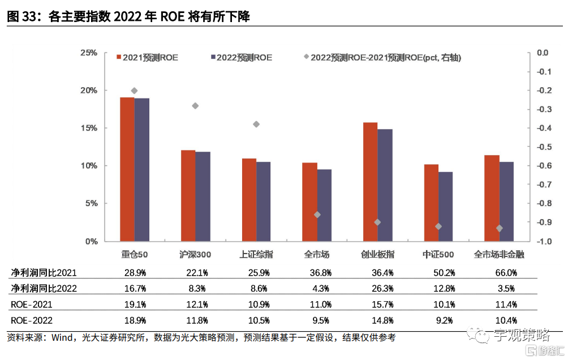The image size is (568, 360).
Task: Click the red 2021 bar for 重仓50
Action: (x=127, y=170)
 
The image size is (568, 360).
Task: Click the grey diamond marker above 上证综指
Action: (x=256, y=124)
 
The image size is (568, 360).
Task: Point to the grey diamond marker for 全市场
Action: (x=317, y=215)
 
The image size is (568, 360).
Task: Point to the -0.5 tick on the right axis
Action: (x=544, y=147)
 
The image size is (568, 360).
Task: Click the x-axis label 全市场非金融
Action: (x=499, y=255)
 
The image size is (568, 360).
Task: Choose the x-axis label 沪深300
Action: (x=195, y=255)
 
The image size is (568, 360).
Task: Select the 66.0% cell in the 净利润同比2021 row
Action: (x=505, y=272)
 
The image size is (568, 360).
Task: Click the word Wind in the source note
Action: (x=62, y=338)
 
